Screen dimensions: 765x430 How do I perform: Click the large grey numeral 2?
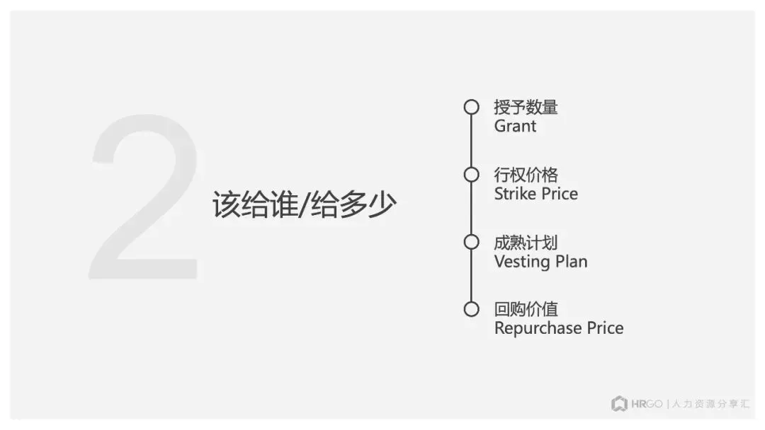(x=145, y=198)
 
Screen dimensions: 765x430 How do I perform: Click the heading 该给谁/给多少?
(x=304, y=205)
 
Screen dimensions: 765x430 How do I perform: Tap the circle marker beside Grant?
(x=471, y=107)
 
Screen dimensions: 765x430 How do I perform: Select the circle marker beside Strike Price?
(x=471, y=175)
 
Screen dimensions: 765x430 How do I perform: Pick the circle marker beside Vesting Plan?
(x=471, y=242)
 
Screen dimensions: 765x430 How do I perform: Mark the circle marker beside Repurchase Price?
(x=471, y=309)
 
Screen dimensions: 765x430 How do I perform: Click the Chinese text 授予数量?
(x=526, y=107)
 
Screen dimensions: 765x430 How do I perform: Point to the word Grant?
(x=515, y=127)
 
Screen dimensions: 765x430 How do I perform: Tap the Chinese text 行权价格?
(x=526, y=175)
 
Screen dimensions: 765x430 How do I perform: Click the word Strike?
(x=513, y=194)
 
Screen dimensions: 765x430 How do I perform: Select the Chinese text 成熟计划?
(x=526, y=243)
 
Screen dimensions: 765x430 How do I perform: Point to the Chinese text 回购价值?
(x=526, y=309)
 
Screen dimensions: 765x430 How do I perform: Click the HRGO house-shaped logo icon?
(x=619, y=404)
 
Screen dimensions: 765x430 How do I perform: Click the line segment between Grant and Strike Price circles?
(x=471, y=141)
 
